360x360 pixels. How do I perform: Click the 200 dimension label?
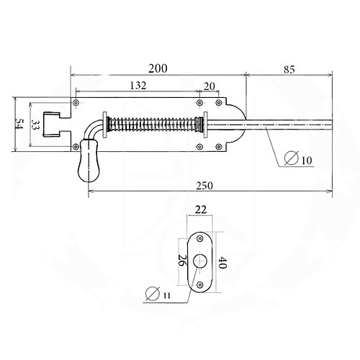coord(158,68)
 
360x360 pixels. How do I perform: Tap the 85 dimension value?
coord(289,70)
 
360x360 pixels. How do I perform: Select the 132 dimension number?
coord(138,86)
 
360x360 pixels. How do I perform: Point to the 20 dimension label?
coord(210,86)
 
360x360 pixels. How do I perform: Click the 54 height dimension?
coord(19,125)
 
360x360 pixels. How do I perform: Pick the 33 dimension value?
coord(35,125)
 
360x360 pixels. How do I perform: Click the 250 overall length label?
coord(204,186)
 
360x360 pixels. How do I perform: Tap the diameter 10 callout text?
coord(298,158)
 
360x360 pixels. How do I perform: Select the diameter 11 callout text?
coord(158,294)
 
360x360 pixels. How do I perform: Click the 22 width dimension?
coord(200,210)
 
